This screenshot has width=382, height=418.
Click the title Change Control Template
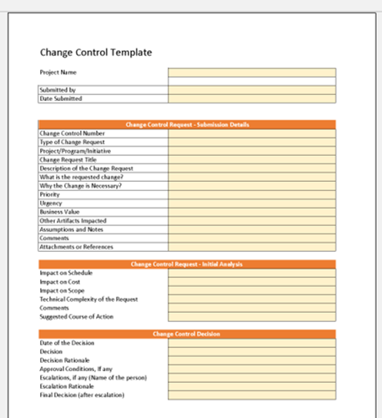point(96,53)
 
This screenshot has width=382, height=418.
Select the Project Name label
point(57,73)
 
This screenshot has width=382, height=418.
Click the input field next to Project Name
point(251,73)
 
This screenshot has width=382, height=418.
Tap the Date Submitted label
point(61,98)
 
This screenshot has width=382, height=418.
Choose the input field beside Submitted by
point(251,89)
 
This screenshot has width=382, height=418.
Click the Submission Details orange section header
point(187,124)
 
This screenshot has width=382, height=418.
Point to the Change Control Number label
point(72,133)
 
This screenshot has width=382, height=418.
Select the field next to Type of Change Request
point(251,142)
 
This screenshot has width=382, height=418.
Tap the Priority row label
point(50,194)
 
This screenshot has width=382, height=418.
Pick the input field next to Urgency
point(251,203)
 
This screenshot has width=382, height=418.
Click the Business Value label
point(59,212)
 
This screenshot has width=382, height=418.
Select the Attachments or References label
point(76,247)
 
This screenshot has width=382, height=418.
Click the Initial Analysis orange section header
point(187,264)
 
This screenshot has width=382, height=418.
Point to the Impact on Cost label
point(61,281)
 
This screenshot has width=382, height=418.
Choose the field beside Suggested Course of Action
point(251,316)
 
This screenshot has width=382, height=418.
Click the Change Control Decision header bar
point(187,334)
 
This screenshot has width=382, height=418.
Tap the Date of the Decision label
point(67,343)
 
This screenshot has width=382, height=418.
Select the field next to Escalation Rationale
point(251,386)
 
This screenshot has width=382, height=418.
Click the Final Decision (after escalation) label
point(81,395)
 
